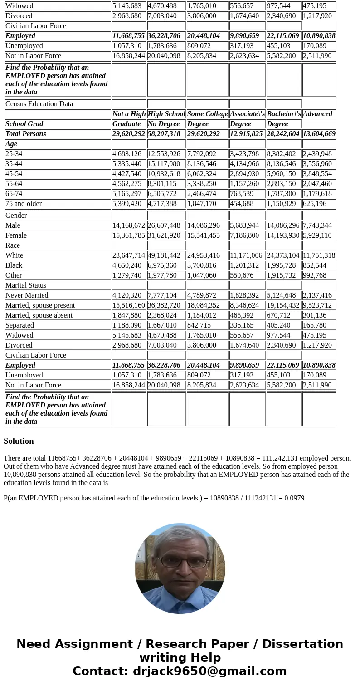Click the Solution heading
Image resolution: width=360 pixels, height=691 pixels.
coord(19,441)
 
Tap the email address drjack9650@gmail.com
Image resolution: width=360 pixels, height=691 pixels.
coord(209,671)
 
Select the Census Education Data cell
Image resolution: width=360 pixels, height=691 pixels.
coord(39,104)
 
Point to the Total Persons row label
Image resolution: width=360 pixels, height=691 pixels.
coord(26,134)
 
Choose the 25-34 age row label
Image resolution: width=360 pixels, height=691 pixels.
coord(14,154)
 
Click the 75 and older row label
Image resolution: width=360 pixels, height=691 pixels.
coord(24,204)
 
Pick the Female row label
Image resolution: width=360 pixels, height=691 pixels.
coord(16,235)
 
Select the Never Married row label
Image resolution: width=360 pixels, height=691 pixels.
coord(27,295)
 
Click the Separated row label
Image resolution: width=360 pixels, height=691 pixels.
coord(19,325)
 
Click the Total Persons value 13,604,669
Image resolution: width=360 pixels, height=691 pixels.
coord(319,134)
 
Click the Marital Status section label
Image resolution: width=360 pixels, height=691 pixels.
coord(26,285)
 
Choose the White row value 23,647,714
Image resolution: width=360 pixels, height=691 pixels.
coord(129,255)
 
